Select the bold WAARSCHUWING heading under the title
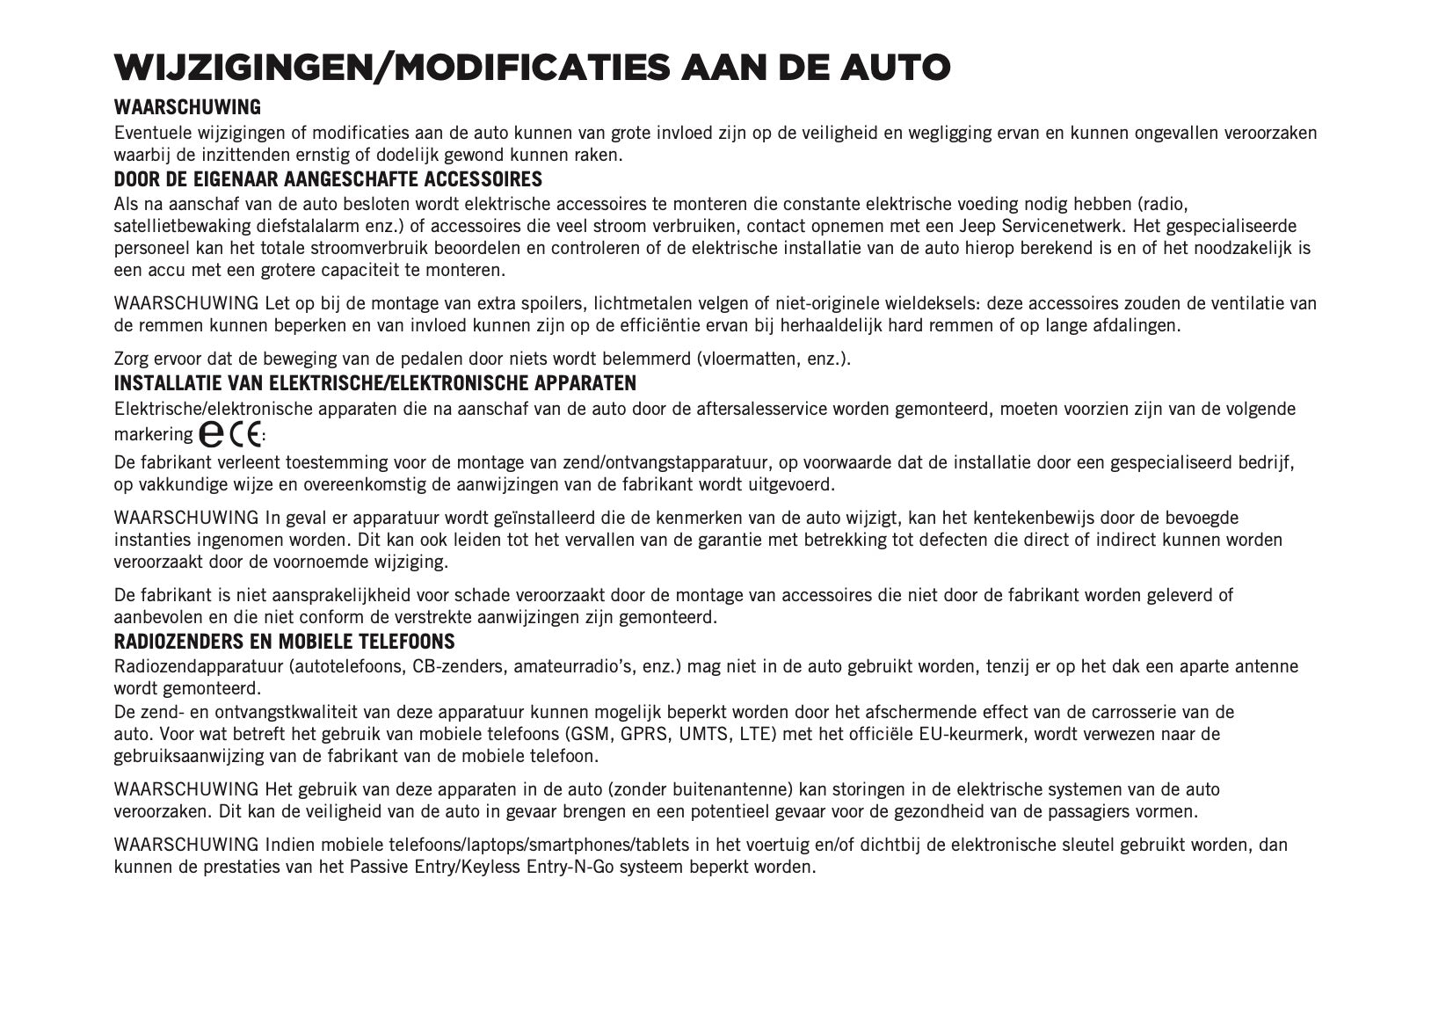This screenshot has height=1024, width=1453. click(187, 107)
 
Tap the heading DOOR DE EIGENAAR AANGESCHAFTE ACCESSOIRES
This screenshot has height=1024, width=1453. click(328, 180)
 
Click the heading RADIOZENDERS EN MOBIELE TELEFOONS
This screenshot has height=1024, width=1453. click(284, 642)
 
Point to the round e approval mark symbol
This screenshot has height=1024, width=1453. click(211, 433)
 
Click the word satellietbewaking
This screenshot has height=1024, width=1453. click(178, 227)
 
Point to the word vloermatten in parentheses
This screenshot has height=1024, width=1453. click(750, 359)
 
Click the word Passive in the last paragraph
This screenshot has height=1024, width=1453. click(379, 867)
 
